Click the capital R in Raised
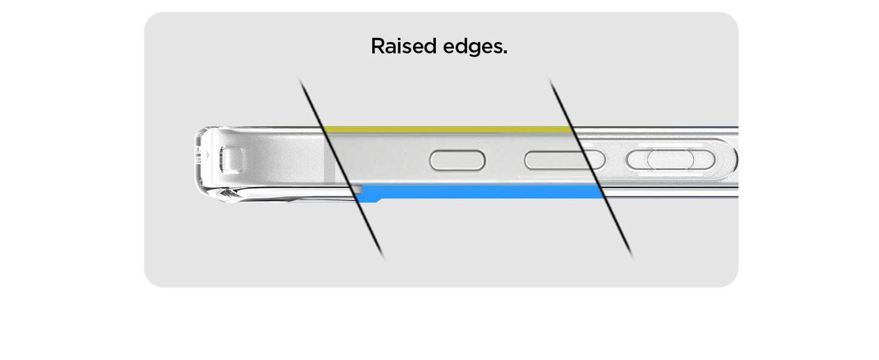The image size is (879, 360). point(378,46)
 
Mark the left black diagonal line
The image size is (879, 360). point(341,167)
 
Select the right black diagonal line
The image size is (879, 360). point(591,167)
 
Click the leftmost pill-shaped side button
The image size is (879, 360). point(457,160)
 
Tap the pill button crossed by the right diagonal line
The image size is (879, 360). point(564,160)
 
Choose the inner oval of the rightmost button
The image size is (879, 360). point(670,159)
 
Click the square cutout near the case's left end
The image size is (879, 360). point(232,160)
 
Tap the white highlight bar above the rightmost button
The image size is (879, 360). point(670,145)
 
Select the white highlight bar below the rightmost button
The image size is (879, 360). point(670,174)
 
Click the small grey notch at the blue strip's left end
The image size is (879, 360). point(359,188)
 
